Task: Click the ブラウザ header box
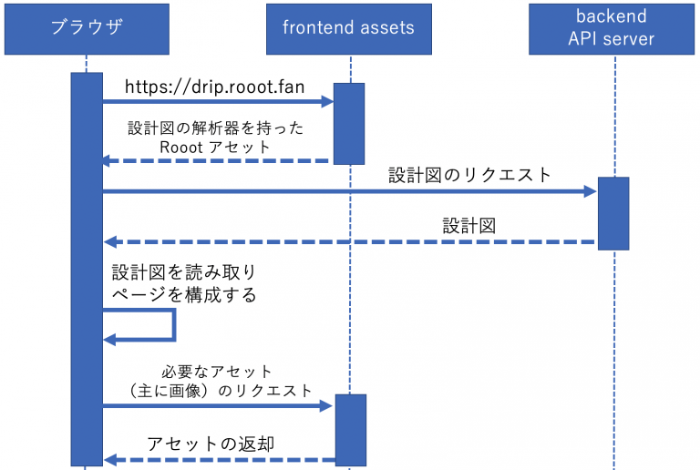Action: [x=87, y=27]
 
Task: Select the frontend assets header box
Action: [x=348, y=27]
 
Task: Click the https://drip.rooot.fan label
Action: [x=214, y=87]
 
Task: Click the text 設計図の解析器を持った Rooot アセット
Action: [x=215, y=138]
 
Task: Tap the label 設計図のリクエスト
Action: [x=470, y=175]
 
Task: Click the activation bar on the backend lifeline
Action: [x=612, y=213]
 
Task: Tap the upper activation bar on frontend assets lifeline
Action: [x=349, y=123]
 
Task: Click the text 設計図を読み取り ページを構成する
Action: [x=184, y=283]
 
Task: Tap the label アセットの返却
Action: [x=211, y=444]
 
